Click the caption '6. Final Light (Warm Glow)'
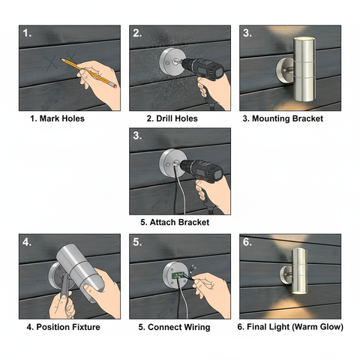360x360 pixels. coord(289,327)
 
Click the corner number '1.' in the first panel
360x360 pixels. coord(28,34)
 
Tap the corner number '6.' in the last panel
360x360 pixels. coord(247,242)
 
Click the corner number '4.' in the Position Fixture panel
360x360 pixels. coord(28,242)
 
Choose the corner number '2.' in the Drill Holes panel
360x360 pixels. coord(137,34)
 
